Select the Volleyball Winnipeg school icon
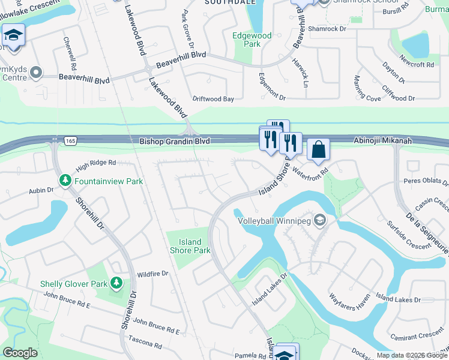(320, 220)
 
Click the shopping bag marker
(318, 150)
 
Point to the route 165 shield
(55, 140)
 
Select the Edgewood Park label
(252, 40)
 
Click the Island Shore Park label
(190, 246)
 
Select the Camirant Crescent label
(415, 335)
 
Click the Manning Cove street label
(367, 88)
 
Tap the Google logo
(20, 353)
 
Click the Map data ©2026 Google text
(411, 355)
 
